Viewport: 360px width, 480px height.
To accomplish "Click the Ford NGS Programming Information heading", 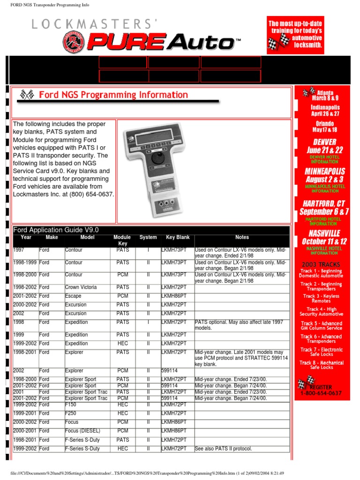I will pos(113,95).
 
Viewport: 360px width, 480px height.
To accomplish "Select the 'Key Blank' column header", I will pos(178,238).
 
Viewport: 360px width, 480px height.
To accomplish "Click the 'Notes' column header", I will pos(242,238).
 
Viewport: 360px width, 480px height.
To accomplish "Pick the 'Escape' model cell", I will pos(73,296).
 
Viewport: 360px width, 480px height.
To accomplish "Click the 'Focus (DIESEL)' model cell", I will pos(82,431).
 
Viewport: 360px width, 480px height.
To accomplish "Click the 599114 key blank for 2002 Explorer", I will pos(170,371).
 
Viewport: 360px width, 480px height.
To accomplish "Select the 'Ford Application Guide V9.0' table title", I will pos(56,230).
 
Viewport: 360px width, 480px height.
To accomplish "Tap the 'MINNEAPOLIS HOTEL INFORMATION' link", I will pos(322,188).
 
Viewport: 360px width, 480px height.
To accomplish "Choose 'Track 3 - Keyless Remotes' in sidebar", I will pos(321,299).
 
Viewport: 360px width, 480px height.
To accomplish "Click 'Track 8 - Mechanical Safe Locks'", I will pos(322,365).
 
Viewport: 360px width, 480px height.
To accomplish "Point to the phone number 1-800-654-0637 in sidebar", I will pos(321,394).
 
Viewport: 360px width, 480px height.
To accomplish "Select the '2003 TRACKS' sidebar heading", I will pos(321,264).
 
